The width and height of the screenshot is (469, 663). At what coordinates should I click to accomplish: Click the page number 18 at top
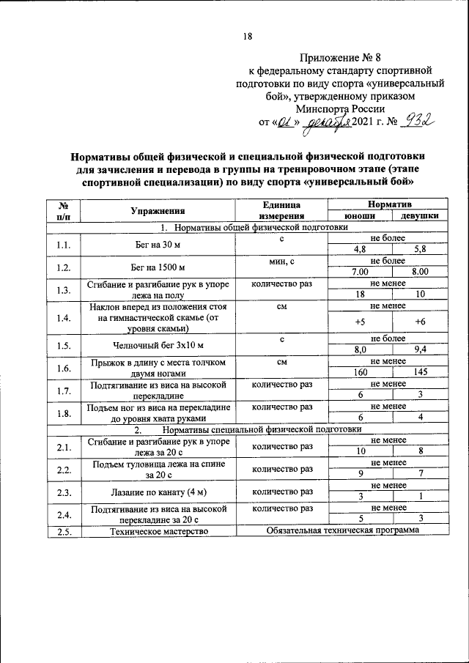[247, 37]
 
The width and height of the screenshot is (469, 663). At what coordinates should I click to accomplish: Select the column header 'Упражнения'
[158, 210]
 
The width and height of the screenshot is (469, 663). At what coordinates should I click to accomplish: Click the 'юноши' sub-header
[360, 216]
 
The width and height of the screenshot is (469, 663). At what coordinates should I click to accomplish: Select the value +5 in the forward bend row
[360, 320]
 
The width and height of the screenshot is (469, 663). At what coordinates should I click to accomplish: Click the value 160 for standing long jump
[360, 371]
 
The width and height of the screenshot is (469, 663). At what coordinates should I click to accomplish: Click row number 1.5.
[63, 344]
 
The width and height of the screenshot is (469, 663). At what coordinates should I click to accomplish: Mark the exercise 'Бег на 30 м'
[158, 243]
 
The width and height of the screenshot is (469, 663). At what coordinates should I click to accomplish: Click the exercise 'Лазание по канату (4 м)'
[158, 492]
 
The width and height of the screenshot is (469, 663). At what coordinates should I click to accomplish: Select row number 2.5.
[63, 531]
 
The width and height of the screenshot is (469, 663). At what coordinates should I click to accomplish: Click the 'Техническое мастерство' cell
[158, 531]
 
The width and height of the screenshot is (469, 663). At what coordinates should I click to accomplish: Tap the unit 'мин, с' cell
[281, 261]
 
